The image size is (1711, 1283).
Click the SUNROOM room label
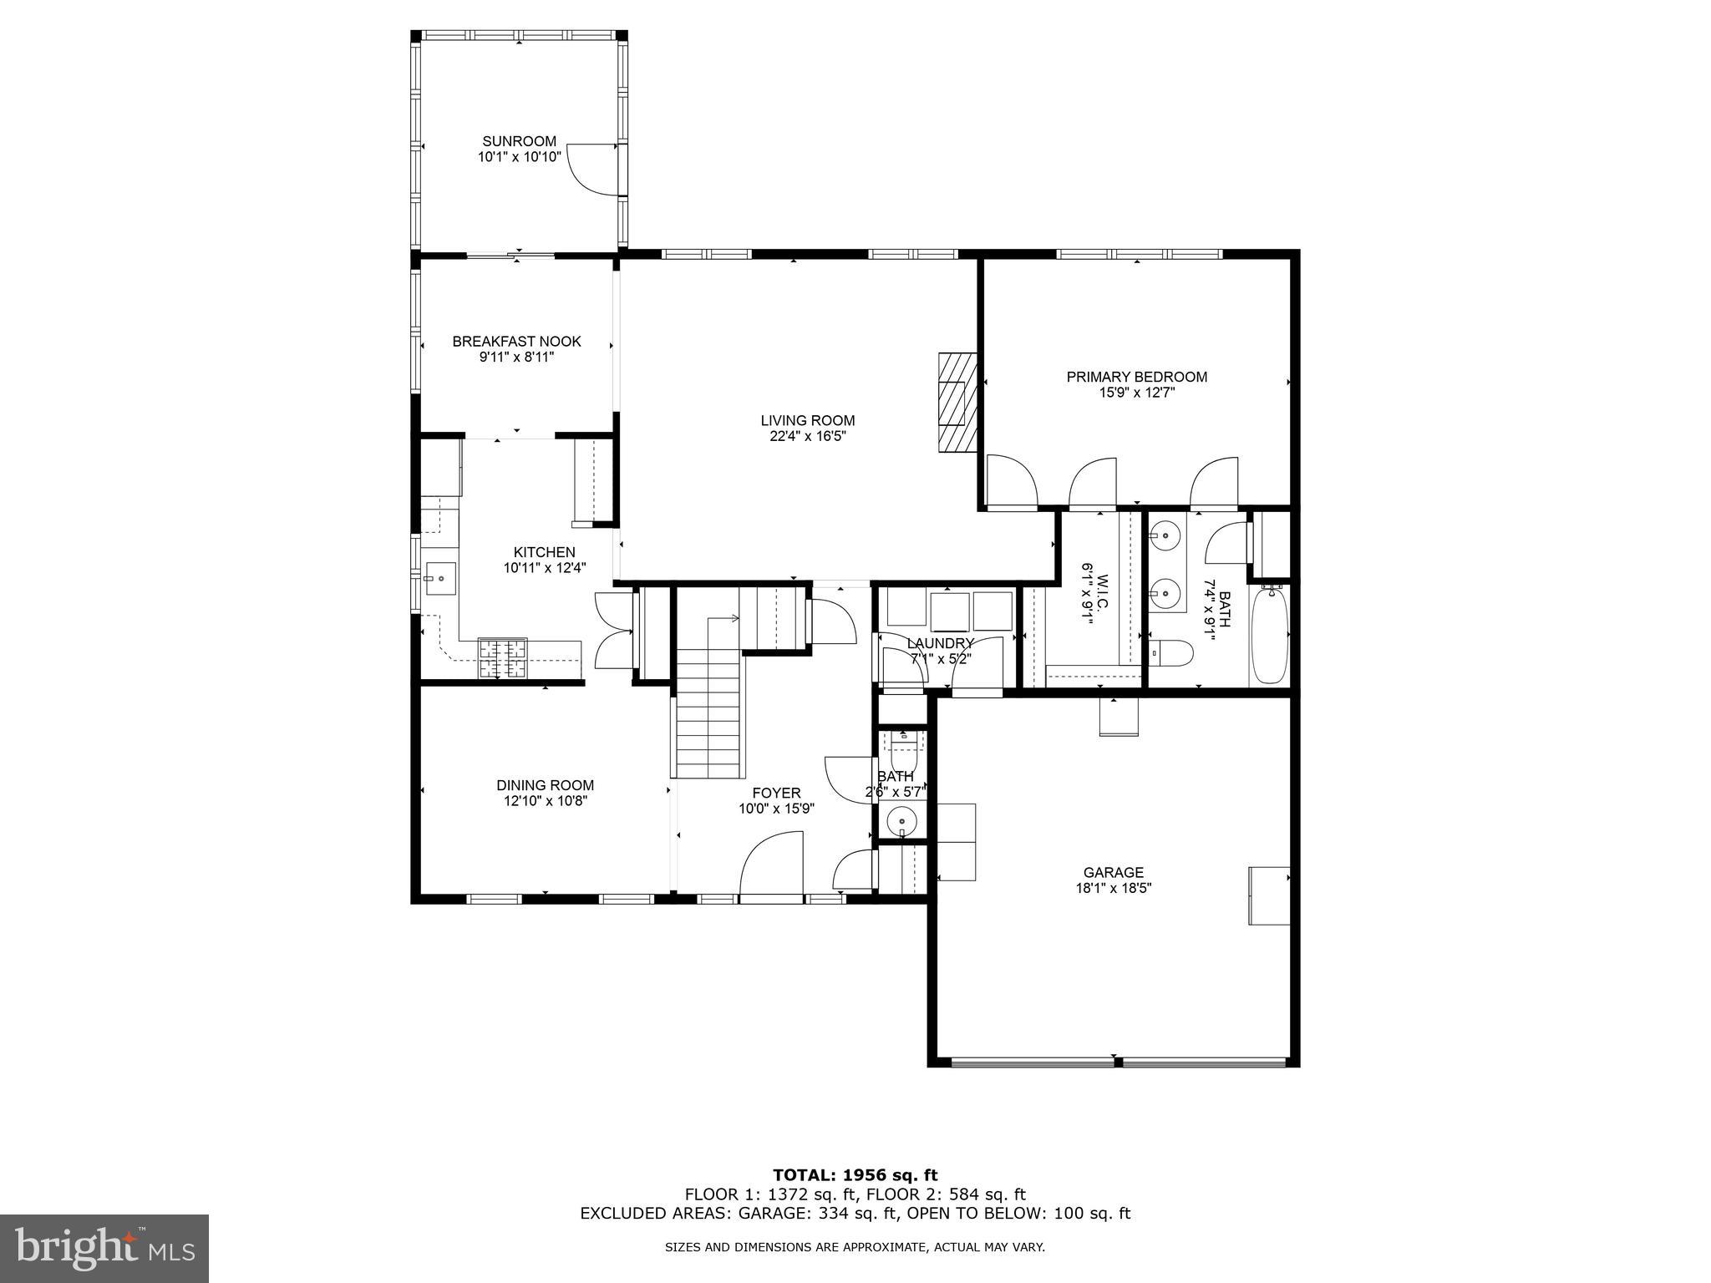[519, 142]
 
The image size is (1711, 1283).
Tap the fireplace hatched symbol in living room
[957, 403]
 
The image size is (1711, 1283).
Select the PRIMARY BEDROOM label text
[1136, 377]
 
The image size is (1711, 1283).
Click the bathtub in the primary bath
[1269, 636]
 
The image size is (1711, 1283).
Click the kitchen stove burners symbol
[502, 657]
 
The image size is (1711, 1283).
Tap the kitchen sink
[440, 578]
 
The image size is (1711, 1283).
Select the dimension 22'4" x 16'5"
[807, 436]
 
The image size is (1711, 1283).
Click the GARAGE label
[1113, 873]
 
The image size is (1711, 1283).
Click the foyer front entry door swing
[770, 865]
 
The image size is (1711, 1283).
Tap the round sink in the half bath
[902, 821]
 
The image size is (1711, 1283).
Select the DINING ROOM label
[545, 785]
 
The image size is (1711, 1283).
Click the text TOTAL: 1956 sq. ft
[855, 1175]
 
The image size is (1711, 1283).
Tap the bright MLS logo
[104, 1248]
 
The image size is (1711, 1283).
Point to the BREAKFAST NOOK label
[516, 342]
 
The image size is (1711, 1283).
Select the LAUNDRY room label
[941, 643]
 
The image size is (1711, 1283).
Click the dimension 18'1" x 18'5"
[1113, 889]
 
